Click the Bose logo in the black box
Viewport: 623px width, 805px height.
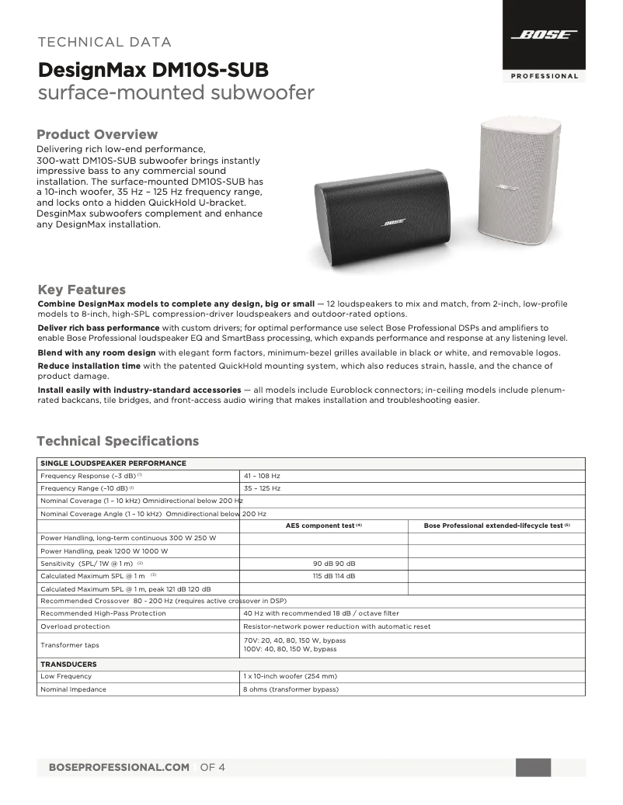[544, 35]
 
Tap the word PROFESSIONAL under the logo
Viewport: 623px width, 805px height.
[544, 76]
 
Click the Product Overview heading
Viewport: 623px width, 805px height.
[97, 134]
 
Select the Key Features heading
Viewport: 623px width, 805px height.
[82, 290]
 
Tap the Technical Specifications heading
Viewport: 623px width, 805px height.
[118, 441]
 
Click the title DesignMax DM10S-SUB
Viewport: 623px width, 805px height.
[154, 71]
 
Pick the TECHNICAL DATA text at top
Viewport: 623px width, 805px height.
[105, 42]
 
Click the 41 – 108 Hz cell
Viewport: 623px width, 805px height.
[262, 475]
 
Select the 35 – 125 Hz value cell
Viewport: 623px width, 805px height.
[262, 488]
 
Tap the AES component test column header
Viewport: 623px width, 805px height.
[324, 526]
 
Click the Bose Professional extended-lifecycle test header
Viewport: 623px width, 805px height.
[496, 526]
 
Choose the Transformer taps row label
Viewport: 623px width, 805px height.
[70, 644]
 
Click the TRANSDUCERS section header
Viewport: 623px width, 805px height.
[68, 664]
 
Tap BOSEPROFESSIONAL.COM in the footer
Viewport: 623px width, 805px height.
[119, 767]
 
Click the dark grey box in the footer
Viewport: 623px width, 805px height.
[533, 767]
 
